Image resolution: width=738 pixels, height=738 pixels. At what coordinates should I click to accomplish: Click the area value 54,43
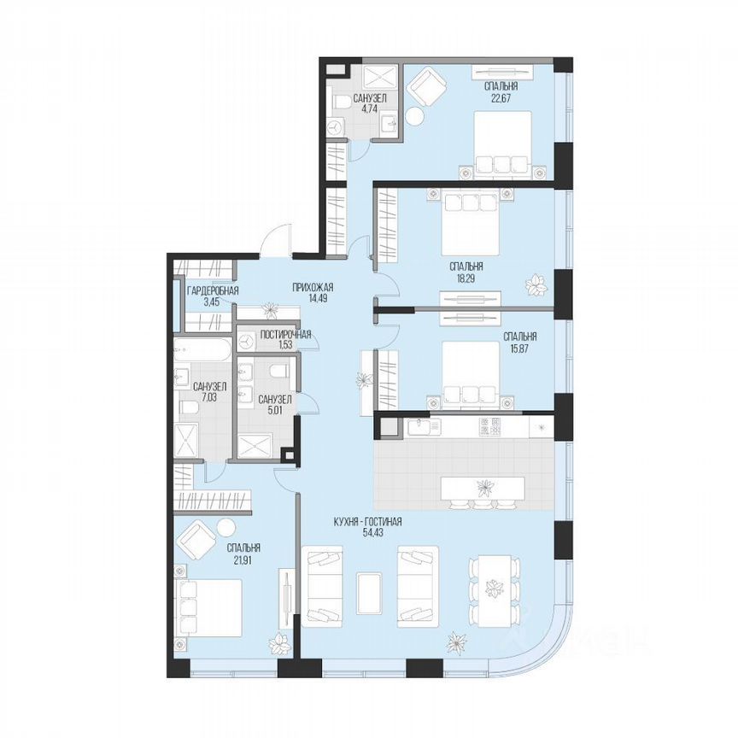(368, 533)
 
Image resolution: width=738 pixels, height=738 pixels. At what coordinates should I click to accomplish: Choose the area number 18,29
(468, 278)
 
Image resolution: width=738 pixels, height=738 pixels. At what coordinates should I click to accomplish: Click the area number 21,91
(243, 560)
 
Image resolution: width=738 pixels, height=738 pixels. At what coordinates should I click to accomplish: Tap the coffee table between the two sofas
(369, 590)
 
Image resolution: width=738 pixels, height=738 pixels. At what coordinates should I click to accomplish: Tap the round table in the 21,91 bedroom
(225, 529)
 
